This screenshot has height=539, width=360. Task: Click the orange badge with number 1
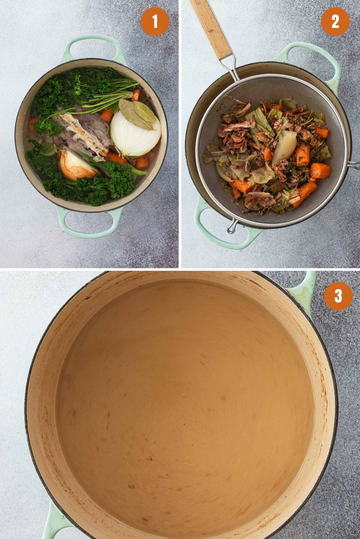[155, 22]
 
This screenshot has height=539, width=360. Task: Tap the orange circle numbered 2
[335, 22]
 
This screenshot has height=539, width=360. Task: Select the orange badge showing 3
[338, 296]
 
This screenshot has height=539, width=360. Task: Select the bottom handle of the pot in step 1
[90, 225]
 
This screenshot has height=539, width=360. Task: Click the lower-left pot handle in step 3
[53, 523]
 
